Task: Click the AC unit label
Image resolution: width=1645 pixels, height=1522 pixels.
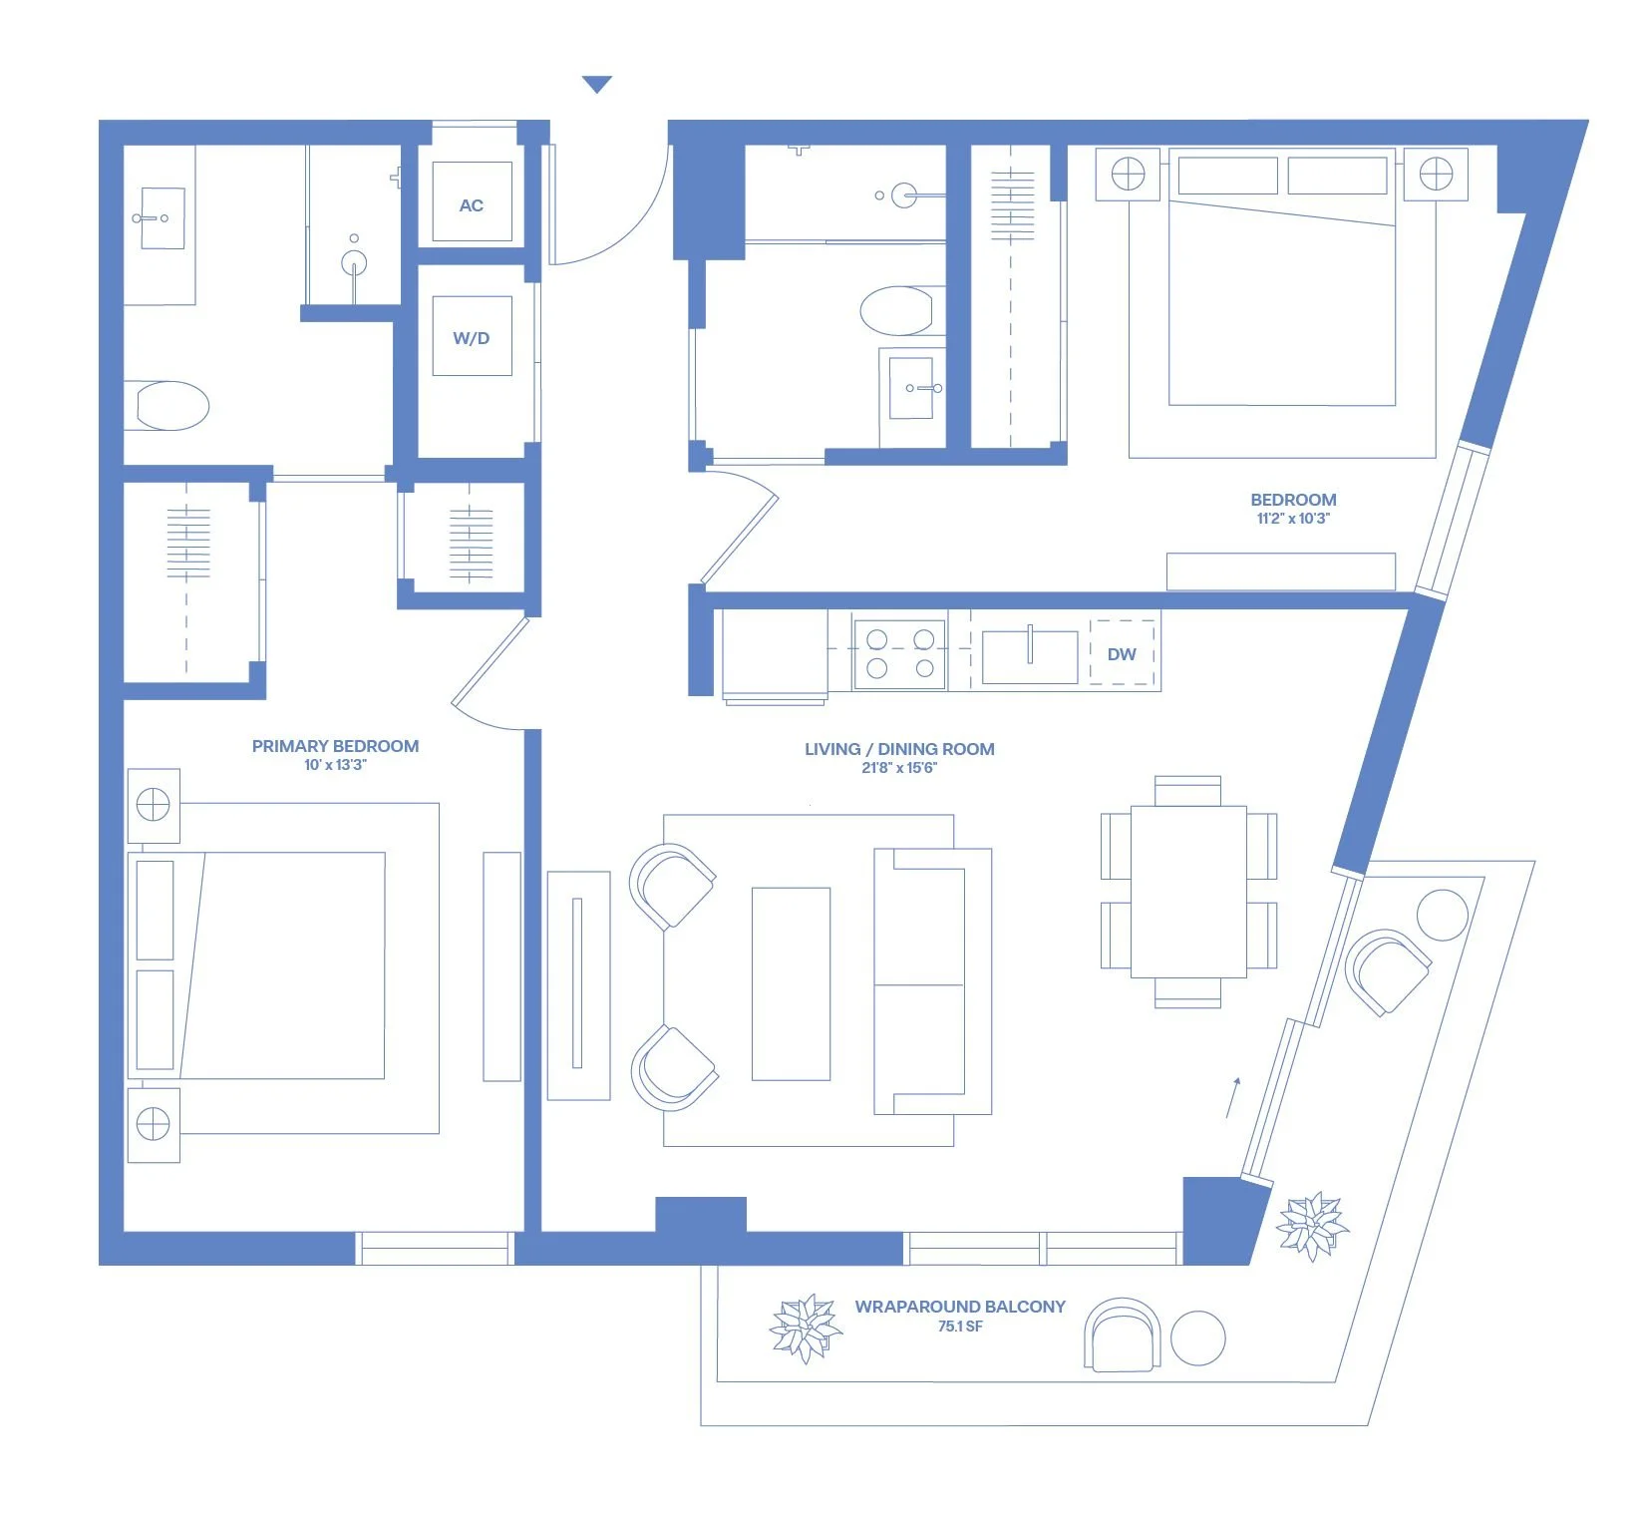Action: point(471,205)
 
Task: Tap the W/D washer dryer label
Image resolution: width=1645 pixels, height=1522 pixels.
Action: point(472,338)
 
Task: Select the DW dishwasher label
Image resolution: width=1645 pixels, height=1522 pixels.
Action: point(1122,654)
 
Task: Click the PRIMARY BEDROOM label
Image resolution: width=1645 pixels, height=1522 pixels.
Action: point(335,746)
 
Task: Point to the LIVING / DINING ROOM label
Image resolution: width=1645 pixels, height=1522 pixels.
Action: point(899,749)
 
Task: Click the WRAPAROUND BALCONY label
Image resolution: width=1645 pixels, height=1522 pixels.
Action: point(960,1307)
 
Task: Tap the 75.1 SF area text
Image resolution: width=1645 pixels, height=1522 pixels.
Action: point(960,1327)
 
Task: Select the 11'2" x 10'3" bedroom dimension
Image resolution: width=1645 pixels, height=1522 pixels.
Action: point(1293,519)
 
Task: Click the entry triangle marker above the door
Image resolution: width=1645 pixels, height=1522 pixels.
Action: point(597,85)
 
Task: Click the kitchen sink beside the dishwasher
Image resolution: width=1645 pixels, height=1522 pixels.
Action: point(1030,656)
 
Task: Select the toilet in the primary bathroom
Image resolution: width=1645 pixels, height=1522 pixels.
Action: point(171,406)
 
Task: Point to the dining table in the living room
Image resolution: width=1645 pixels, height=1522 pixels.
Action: point(1188,892)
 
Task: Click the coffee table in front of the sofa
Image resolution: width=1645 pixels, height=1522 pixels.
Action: point(791,983)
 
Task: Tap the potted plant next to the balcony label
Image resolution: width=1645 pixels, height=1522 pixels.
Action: point(806,1329)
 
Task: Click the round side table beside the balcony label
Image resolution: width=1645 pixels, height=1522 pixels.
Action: point(1197,1337)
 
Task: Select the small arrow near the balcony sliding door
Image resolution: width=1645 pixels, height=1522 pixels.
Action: point(1233,1097)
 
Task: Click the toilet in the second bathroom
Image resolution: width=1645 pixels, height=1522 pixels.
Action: point(897,311)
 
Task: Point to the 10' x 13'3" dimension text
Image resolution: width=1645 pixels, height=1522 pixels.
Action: point(335,765)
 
